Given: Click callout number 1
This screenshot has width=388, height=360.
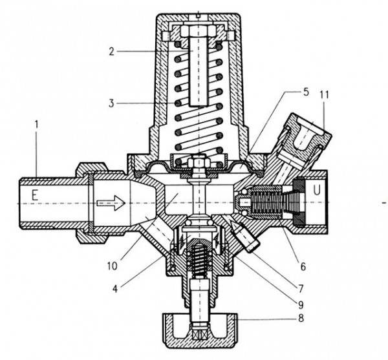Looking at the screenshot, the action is pos(37,124).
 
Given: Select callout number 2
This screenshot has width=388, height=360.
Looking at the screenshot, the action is pos(112,52).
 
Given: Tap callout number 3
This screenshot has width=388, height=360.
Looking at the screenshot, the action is pos(111,103).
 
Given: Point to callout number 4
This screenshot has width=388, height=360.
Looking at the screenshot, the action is pos(115,288).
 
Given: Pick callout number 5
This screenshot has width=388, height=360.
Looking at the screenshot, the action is pos(306,92).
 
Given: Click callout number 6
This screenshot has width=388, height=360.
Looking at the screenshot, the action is pos(303,266).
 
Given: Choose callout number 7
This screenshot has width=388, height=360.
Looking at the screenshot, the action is pos(301,288).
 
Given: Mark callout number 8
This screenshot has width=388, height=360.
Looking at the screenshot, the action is pos(301,318).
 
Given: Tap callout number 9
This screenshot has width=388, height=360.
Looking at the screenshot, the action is pos(301,304).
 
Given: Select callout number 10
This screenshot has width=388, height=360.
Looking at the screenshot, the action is pos(112,266).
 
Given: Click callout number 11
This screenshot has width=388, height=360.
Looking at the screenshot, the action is pos(324,95).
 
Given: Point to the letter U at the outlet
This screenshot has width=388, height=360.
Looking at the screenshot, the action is pos(317,190).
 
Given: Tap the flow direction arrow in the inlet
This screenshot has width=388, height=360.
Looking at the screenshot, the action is pos(111,203).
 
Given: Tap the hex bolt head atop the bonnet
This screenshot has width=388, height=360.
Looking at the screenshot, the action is pos(198,30).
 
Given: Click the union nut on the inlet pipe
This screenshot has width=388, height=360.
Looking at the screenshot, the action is pos(92,203).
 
